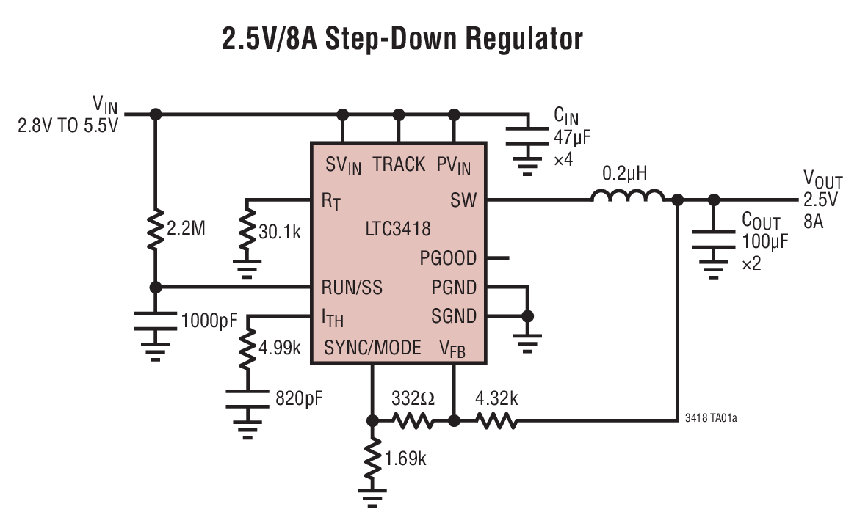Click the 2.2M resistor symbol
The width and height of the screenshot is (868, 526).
(x=155, y=229)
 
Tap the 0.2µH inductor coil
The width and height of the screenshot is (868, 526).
(x=628, y=197)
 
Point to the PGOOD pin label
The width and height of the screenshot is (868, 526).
(x=448, y=258)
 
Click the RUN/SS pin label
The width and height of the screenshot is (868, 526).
(x=352, y=287)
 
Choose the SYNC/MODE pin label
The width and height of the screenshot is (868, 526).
(x=373, y=347)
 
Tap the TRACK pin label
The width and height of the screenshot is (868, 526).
(x=399, y=164)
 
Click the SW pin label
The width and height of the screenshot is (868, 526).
(x=463, y=200)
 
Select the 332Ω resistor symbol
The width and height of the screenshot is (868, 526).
(x=413, y=421)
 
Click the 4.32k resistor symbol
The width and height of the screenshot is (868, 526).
(x=497, y=421)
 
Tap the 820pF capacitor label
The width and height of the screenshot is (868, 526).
(x=299, y=399)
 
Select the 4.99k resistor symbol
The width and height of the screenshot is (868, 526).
(x=247, y=347)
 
